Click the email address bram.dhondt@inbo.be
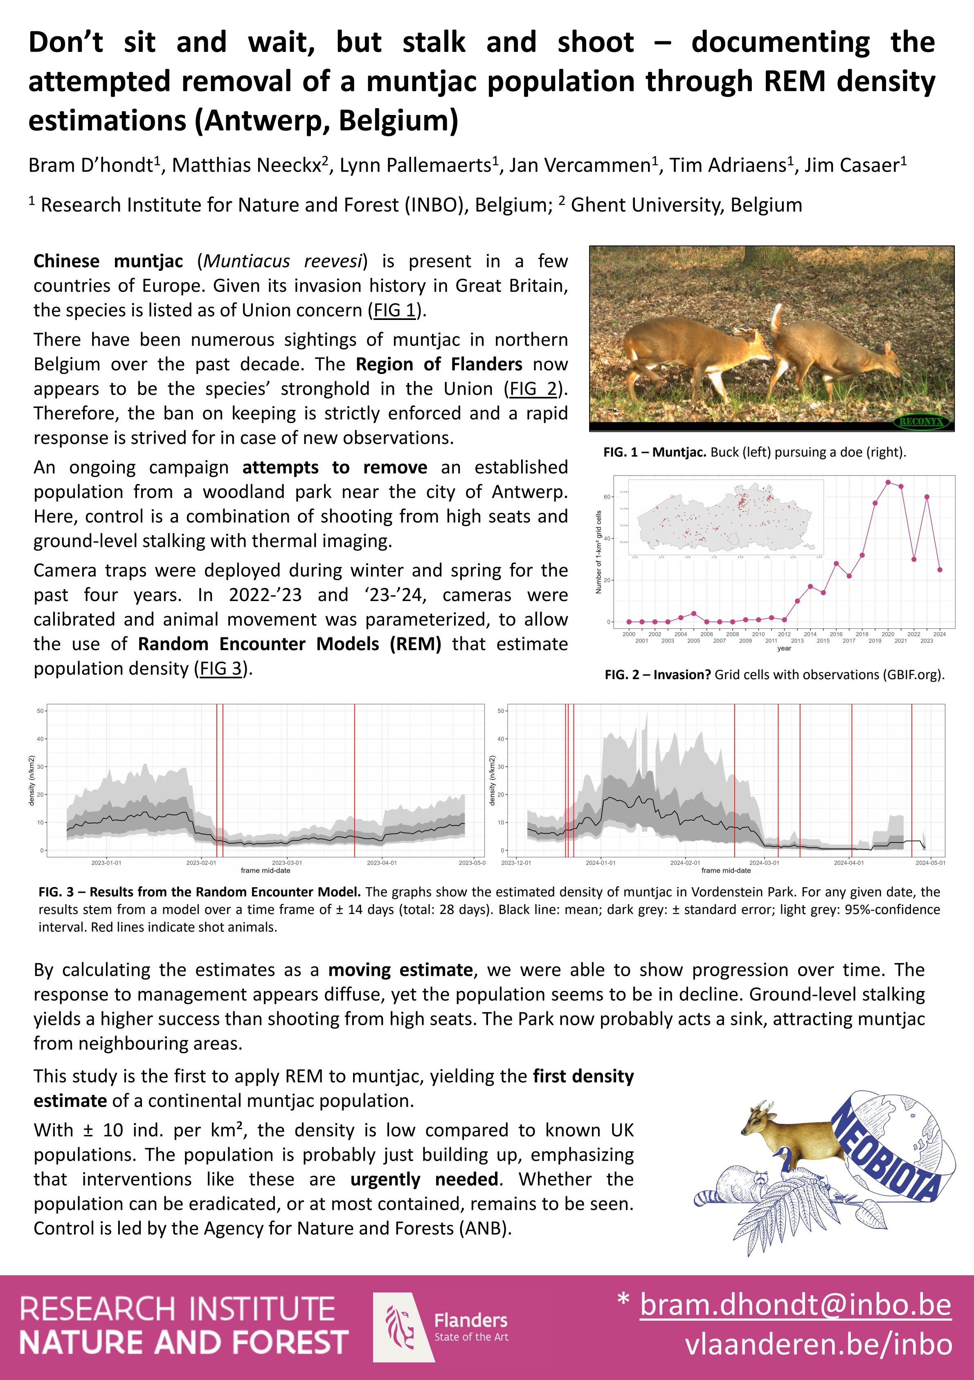(x=795, y=1305)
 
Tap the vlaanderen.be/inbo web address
(x=819, y=1344)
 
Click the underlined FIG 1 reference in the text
(x=394, y=310)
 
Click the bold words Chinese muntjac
(x=108, y=261)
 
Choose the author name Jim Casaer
(x=855, y=165)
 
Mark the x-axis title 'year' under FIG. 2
(x=783, y=648)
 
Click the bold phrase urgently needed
(x=424, y=1179)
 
